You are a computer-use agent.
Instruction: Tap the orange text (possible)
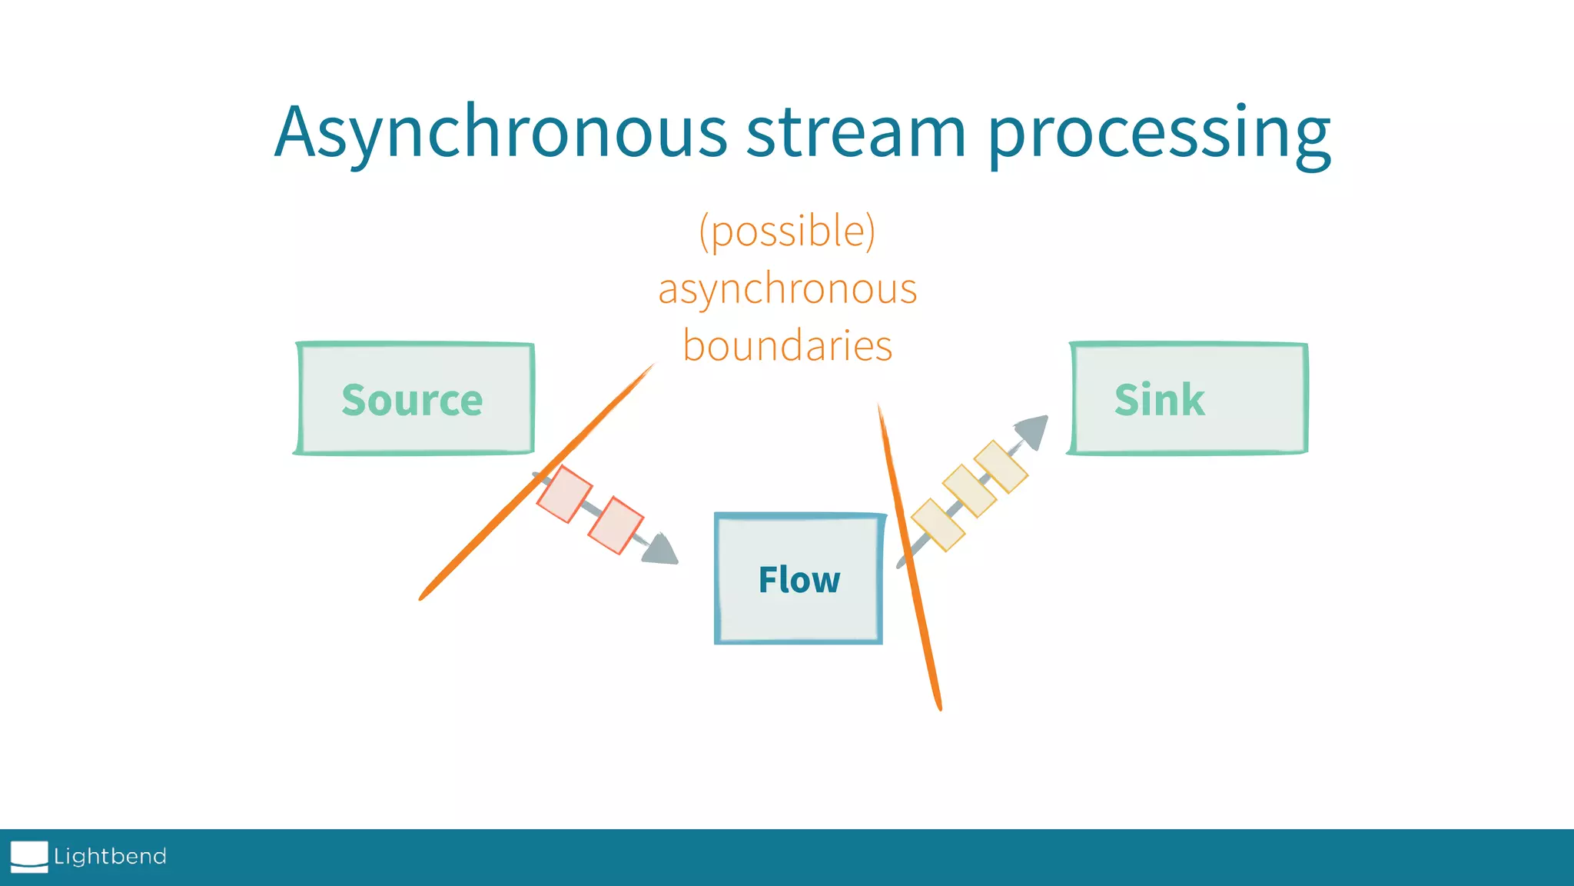point(787,231)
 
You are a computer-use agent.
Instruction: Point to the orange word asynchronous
point(787,290)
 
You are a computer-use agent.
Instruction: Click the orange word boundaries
point(787,346)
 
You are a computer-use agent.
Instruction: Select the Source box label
point(412,400)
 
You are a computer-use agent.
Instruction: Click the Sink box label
point(1159,400)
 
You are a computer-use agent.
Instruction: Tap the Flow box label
point(799,580)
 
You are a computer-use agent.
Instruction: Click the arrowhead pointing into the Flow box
point(661,550)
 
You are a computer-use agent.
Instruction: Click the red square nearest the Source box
point(564,494)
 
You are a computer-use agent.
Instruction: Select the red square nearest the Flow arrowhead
point(616,525)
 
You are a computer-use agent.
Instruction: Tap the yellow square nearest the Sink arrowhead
point(1001,466)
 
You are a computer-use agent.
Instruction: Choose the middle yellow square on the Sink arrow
point(969,491)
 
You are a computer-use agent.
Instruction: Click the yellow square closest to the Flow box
point(938,525)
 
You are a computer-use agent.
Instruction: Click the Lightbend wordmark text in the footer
point(110,857)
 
